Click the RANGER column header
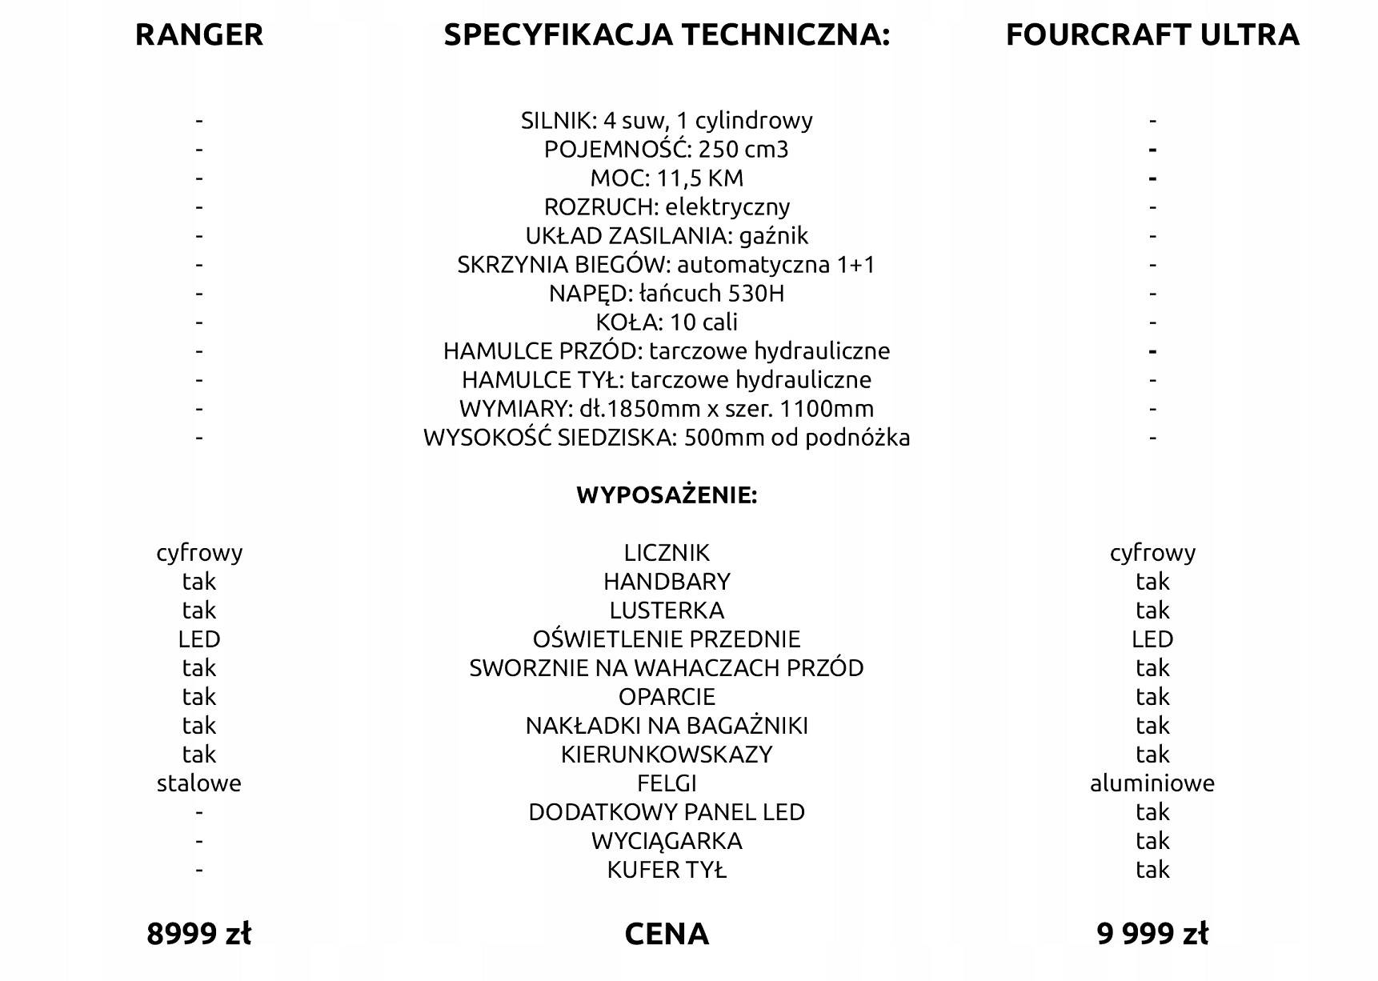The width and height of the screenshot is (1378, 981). [x=198, y=35]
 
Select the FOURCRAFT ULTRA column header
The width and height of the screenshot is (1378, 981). [x=1152, y=35]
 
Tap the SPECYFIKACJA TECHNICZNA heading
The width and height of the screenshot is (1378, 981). [x=667, y=35]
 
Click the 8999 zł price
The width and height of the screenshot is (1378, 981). [x=198, y=934]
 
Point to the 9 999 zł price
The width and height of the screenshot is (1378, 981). [x=1152, y=934]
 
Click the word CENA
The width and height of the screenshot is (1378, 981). [x=667, y=934]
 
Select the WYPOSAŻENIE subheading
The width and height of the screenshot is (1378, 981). [x=667, y=495]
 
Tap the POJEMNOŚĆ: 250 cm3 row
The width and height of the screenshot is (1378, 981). [x=667, y=150]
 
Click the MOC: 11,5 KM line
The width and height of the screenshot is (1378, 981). [x=667, y=178]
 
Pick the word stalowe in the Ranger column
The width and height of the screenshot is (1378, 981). [x=198, y=783]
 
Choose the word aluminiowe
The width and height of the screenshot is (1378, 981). [x=1152, y=783]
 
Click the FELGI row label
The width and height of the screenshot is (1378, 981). [x=667, y=783]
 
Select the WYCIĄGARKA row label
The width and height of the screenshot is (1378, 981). [x=667, y=841]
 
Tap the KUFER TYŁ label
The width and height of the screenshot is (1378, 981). [x=667, y=870]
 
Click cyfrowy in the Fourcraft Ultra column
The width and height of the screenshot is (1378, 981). [x=1152, y=553]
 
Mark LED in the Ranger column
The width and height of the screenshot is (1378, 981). [x=198, y=639]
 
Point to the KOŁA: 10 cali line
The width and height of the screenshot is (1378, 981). [x=667, y=322]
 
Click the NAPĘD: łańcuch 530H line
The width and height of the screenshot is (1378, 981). [x=667, y=294]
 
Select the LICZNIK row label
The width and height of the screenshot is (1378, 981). [x=667, y=553]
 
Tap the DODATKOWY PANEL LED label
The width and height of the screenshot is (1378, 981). [x=667, y=812]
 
